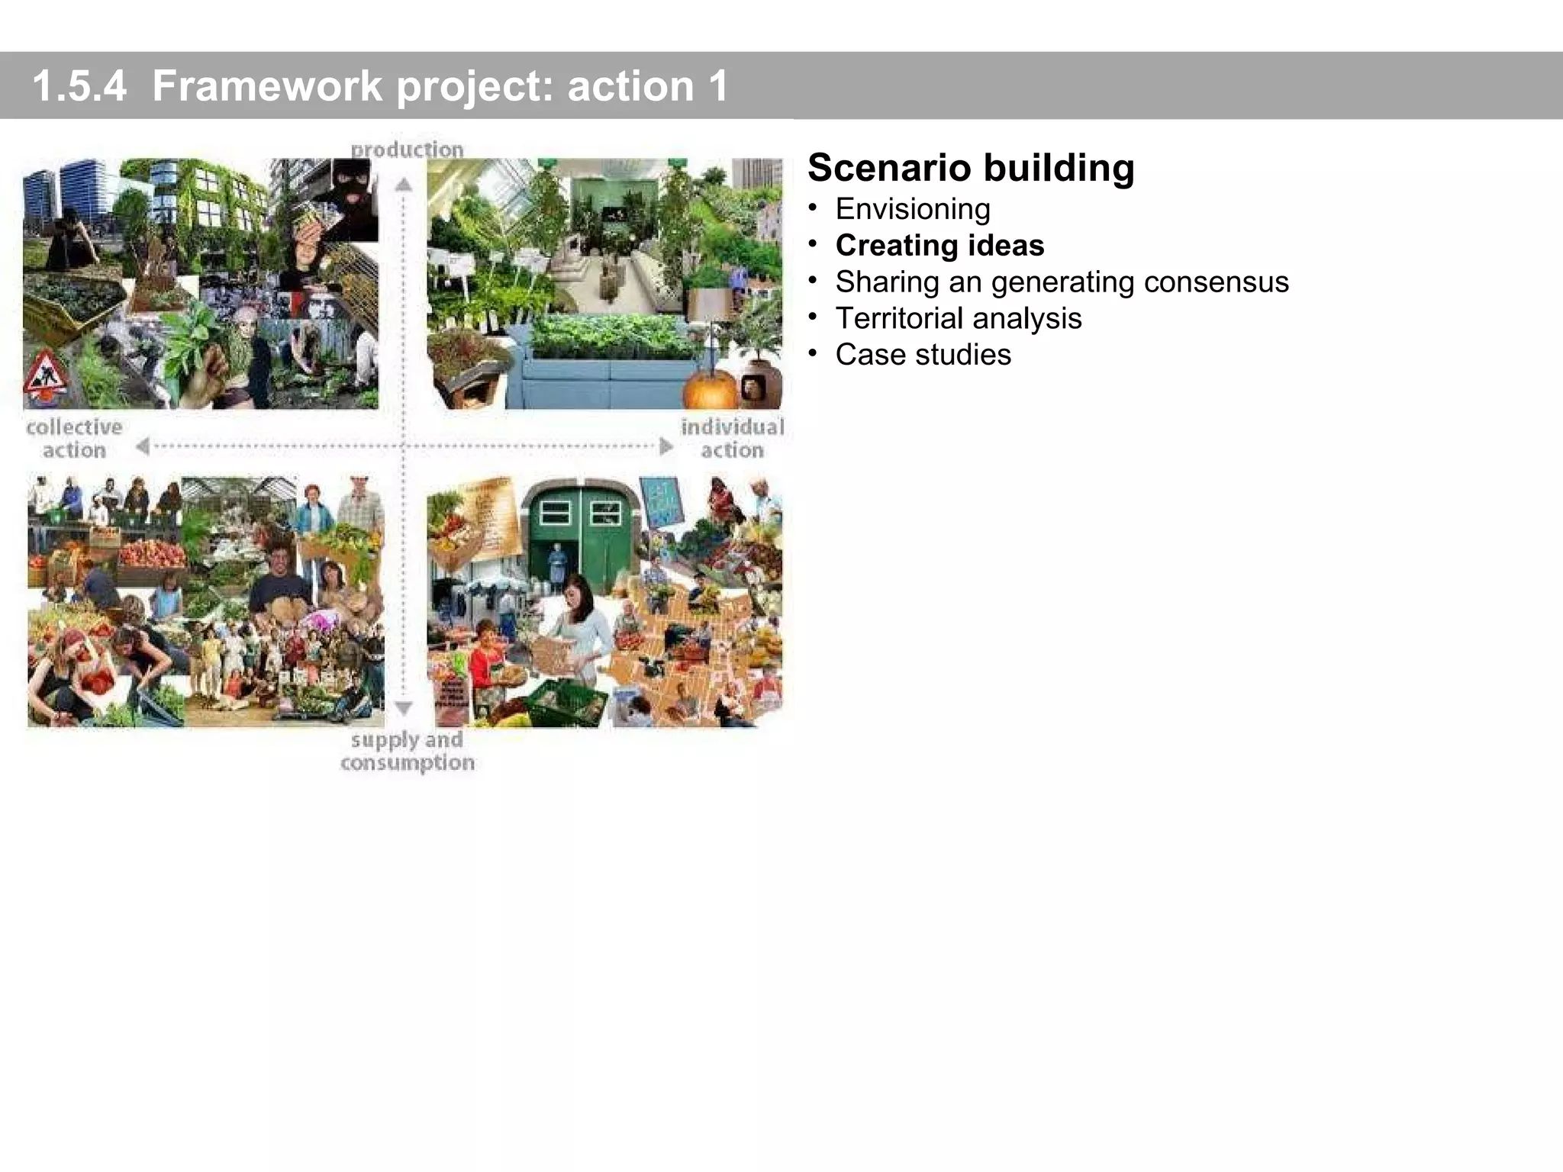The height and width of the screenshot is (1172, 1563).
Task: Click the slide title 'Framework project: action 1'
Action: (440, 85)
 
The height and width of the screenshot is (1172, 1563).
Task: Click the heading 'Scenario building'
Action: (971, 168)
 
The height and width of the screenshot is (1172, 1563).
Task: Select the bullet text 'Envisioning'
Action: (913, 209)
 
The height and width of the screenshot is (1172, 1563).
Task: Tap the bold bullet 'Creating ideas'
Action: (939, 246)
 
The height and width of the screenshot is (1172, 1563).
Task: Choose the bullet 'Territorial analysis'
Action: (959, 318)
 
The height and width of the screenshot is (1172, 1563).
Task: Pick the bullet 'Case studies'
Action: (923, 355)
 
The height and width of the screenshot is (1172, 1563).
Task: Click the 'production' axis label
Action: (407, 149)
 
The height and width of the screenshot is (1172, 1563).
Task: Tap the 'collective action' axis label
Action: (74, 438)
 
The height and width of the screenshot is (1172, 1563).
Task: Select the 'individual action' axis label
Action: (732, 438)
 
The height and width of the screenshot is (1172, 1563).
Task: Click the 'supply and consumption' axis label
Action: (407, 751)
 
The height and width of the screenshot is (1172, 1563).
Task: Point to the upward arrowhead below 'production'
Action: (404, 185)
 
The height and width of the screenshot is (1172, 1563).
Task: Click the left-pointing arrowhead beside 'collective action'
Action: (143, 446)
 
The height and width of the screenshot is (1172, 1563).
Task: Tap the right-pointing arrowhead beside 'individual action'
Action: (666, 446)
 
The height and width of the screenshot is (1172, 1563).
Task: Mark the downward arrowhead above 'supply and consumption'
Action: (404, 708)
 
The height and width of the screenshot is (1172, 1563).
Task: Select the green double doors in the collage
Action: (580, 534)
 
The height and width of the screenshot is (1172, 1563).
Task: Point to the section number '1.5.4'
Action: (79, 85)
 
